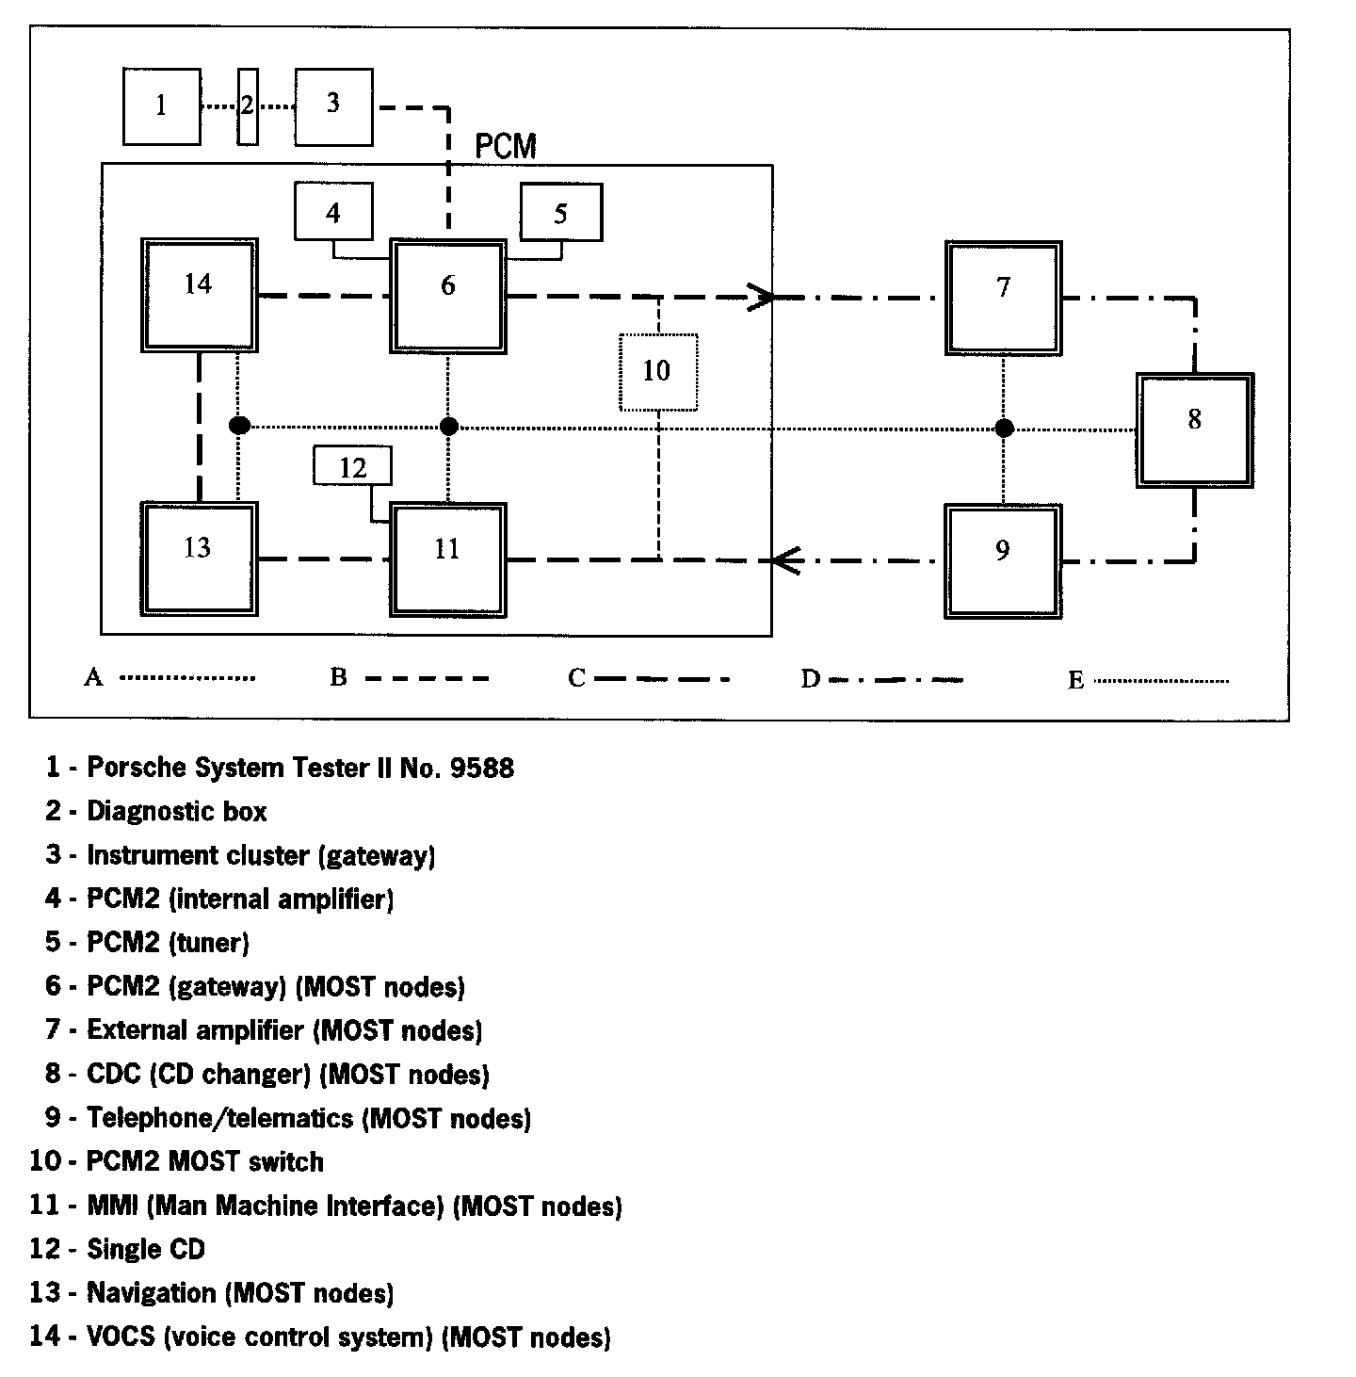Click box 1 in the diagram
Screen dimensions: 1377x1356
pyautogui.click(x=161, y=106)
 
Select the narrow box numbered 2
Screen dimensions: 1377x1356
pyautogui.click(x=248, y=106)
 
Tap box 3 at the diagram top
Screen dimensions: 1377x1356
pyautogui.click(x=333, y=106)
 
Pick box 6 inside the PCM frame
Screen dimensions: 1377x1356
pyautogui.click(x=448, y=296)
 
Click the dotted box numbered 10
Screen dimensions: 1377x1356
pyautogui.click(x=657, y=372)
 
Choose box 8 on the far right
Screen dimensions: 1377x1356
pyautogui.click(x=1194, y=429)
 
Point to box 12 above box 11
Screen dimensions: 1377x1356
pyautogui.click(x=352, y=466)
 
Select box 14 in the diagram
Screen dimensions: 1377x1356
pyautogui.click(x=199, y=295)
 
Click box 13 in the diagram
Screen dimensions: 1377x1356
pyautogui.click(x=199, y=559)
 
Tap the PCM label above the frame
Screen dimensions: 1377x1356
pyautogui.click(x=506, y=147)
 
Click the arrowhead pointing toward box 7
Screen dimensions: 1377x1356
pyautogui.click(x=761, y=298)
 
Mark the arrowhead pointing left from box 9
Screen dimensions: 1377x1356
pyautogui.click(x=785, y=561)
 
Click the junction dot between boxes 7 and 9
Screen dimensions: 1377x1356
pyautogui.click(x=1005, y=429)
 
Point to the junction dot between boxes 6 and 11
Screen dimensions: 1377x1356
pyautogui.click(x=449, y=427)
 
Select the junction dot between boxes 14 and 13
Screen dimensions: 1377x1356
pyautogui.click(x=239, y=426)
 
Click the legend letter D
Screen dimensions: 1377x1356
pyautogui.click(x=810, y=679)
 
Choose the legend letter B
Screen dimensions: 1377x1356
pyautogui.click(x=338, y=677)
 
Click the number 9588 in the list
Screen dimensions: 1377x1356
pyautogui.click(x=482, y=768)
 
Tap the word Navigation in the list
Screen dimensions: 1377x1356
pyautogui.click(x=152, y=1292)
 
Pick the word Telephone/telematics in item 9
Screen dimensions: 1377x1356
pyautogui.click(x=219, y=1118)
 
